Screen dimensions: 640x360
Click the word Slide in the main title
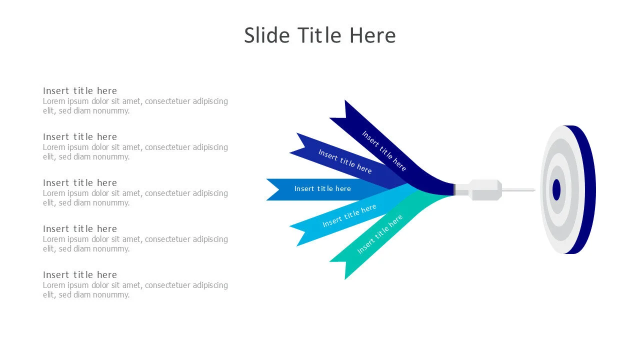(267, 35)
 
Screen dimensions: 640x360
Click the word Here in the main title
(372, 35)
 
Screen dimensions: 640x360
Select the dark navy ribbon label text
(384, 151)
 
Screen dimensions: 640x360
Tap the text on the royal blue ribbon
(345, 161)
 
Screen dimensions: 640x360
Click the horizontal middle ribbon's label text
(322, 188)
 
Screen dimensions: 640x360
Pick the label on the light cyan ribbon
(349, 215)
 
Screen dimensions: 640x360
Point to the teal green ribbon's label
(380, 234)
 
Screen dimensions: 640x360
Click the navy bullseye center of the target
(556, 189)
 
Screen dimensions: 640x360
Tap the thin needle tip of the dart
(534, 189)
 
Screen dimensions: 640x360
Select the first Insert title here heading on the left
(80, 91)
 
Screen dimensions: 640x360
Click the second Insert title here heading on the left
(80, 137)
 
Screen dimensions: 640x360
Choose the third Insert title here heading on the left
(80, 183)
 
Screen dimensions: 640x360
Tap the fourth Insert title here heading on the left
(80, 229)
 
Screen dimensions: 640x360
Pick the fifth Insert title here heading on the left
(80, 275)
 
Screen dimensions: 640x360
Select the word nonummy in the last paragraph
(111, 295)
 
